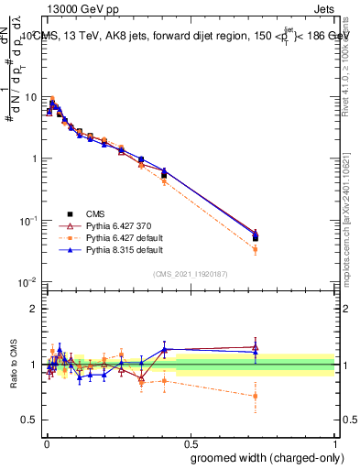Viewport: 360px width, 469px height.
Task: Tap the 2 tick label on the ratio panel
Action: pyautogui.click(x=35, y=309)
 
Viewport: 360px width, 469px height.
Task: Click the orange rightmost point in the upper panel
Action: pyautogui.click(x=255, y=249)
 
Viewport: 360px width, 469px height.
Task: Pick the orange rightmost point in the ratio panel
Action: pyautogui.click(x=255, y=396)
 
